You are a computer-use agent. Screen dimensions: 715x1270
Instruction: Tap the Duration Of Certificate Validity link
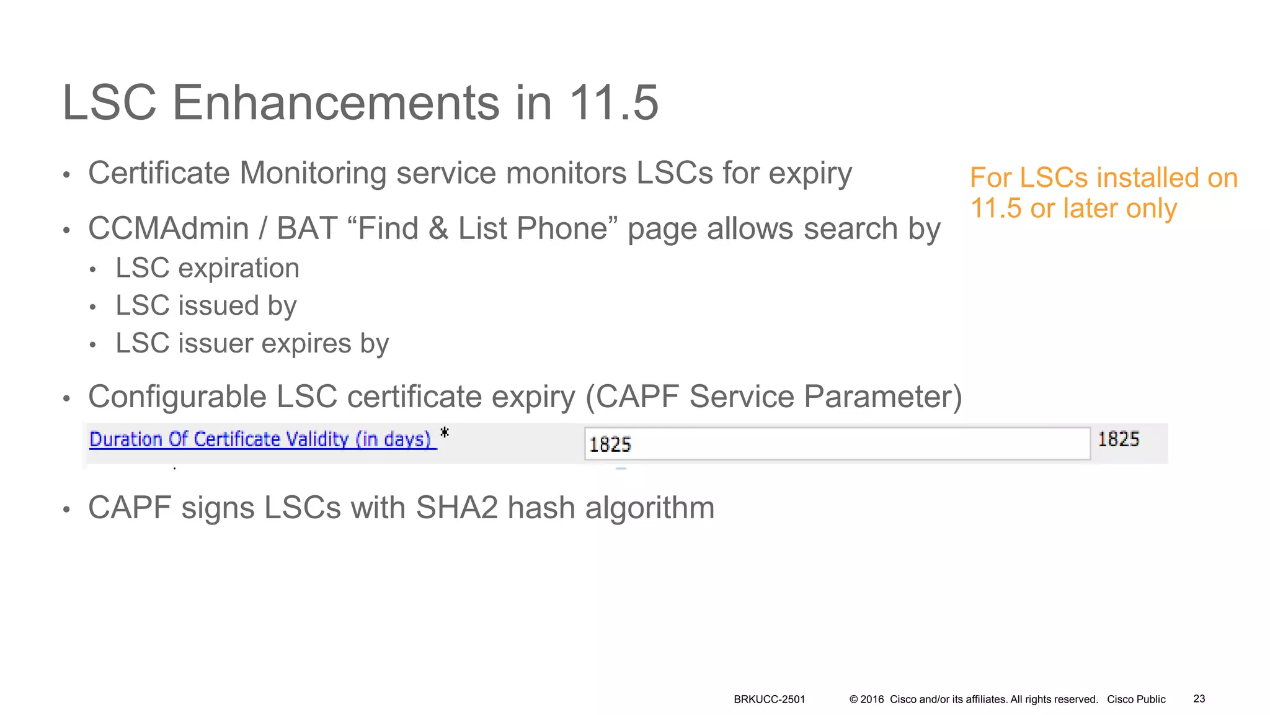(261, 439)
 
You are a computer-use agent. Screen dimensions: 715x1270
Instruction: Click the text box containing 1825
(837, 444)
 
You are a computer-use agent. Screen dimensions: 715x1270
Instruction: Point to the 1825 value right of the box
(1118, 439)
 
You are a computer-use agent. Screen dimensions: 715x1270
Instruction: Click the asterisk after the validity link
(444, 433)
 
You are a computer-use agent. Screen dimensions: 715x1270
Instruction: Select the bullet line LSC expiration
(207, 268)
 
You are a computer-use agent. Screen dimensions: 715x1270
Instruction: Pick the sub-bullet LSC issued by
(206, 305)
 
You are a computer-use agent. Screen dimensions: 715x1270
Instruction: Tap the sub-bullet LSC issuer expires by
(252, 343)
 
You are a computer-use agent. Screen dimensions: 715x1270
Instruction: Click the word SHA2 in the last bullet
(456, 508)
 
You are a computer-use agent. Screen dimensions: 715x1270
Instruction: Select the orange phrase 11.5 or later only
(1073, 209)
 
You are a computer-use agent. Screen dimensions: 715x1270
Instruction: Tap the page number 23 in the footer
(1199, 699)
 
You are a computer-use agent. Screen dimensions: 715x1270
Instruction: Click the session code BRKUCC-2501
(769, 699)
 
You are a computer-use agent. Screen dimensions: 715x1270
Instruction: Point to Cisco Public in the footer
(1136, 699)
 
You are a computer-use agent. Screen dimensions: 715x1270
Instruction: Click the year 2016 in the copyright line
(872, 699)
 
